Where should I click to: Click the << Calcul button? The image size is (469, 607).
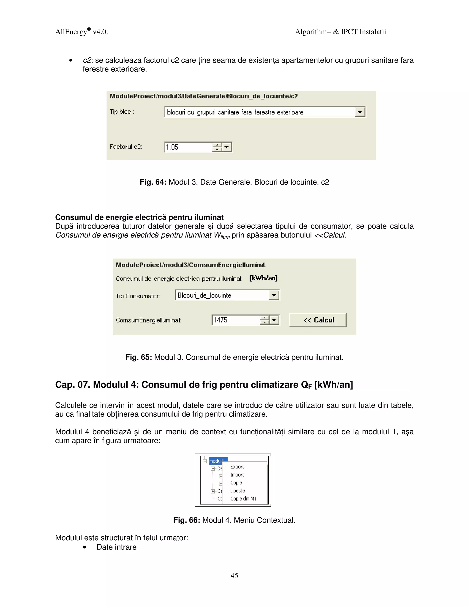[x=318, y=320]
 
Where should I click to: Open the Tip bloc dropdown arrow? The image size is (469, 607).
[x=360, y=112]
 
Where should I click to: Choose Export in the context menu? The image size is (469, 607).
[x=237, y=467]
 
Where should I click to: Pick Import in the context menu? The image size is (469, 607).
[x=237, y=475]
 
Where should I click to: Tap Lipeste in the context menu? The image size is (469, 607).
[x=237, y=491]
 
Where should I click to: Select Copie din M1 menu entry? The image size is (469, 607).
[x=243, y=499]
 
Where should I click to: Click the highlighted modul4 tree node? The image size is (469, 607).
[x=216, y=461]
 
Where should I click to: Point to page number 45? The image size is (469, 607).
[x=234, y=575]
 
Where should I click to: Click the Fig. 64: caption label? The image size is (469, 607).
[x=153, y=182]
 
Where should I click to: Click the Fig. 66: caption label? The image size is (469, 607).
[x=186, y=520]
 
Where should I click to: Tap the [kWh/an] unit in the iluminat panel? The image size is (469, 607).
[x=263, y=278]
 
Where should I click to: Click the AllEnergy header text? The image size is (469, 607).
[x=71, y=32]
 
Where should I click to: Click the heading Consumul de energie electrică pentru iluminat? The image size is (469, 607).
[x=139, y=217]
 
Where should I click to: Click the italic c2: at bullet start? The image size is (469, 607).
[x=88, y=60]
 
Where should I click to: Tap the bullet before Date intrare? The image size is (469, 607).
[x=85, y=547]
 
